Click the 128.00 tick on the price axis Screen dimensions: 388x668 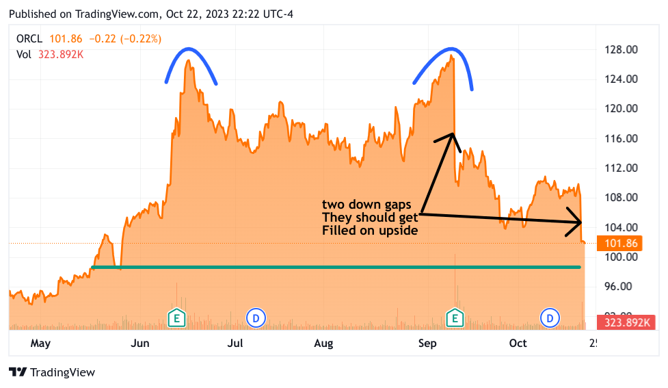tap(623, 49)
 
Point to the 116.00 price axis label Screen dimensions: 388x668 tap(623, 138)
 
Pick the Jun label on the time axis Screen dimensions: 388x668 tap(140, 343)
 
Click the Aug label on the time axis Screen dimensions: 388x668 tap(323, 343)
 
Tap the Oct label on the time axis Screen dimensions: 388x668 tap(518, 343)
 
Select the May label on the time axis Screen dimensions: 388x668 tap(40, 343)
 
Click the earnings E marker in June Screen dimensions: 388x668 tap(176, 318)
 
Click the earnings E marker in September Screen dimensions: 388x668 tap(455, 318)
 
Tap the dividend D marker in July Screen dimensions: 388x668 tap(255, 318)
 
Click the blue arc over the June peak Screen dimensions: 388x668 tap(191, 51)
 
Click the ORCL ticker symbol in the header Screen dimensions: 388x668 tap(29, 39)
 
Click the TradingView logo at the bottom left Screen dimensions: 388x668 tap(52, 372)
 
